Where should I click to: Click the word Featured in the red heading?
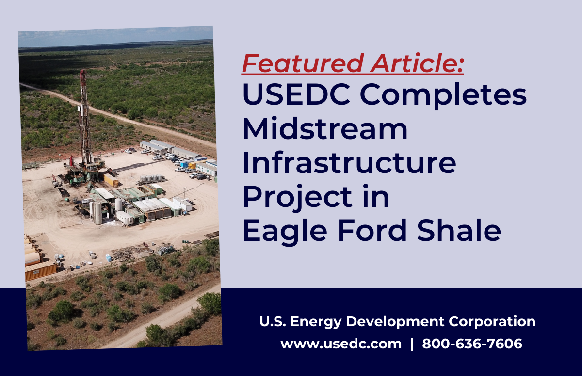pos(303,63)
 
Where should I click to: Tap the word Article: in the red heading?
pos(417,63)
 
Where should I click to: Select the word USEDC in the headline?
pos(296,94)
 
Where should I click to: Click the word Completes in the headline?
pos(443,96)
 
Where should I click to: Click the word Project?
pos(297,199)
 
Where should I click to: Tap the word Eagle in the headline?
pos(285,232)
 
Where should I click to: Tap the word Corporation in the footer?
pos(492,321)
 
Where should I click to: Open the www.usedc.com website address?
pos(341,344)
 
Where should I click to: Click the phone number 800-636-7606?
pos(472,344)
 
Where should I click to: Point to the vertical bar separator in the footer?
pos(412,344)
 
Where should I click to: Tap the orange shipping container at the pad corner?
pos(41,271)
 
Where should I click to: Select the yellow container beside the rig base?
pos(111,180)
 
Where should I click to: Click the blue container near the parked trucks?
pos(184,164)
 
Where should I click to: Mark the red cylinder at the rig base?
pos(71,161)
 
